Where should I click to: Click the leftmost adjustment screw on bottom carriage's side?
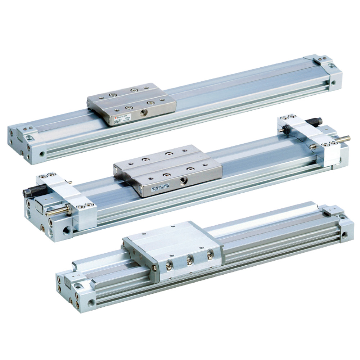(x=168, y=266)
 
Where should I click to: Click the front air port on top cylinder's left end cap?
(x=42, y=154)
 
